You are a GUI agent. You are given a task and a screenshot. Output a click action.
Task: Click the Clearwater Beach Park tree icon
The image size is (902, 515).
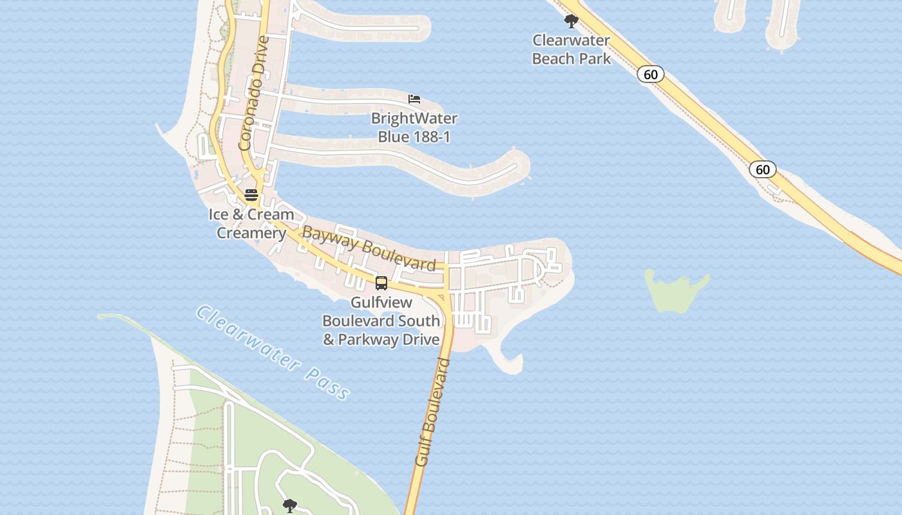point(571,22)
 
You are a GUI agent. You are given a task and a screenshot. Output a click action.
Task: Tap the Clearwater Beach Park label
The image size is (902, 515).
point(571,50)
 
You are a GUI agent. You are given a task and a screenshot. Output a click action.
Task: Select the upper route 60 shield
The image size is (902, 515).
point(651,75)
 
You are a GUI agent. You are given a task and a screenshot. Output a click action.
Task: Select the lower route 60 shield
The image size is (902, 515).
point(762,169)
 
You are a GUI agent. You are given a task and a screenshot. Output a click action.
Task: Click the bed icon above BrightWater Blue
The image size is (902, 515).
point(414,99)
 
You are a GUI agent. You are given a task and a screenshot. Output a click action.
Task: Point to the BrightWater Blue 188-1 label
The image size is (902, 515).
point(414,127)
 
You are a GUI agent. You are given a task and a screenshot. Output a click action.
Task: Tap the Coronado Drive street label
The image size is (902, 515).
point(253,93)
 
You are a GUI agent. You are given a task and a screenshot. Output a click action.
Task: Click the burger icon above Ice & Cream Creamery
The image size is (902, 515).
point(251,195)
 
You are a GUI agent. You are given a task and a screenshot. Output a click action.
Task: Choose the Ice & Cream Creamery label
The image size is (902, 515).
point(251,223)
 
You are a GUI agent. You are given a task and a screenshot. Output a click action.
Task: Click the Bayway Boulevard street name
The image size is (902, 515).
point(369,248)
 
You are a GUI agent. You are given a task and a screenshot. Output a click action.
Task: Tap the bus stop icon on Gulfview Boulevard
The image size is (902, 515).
point(381,283)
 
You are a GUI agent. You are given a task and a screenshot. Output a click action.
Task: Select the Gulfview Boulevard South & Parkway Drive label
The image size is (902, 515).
point(381,321)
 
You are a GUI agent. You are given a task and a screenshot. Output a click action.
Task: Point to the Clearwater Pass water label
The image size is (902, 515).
point(274,352)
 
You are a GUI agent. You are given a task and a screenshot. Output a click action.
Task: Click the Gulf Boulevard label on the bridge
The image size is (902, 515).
point(432,412)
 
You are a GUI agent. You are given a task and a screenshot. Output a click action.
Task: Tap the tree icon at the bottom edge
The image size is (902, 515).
point(290,505)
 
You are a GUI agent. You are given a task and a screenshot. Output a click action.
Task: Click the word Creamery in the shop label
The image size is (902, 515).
point(251,233)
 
